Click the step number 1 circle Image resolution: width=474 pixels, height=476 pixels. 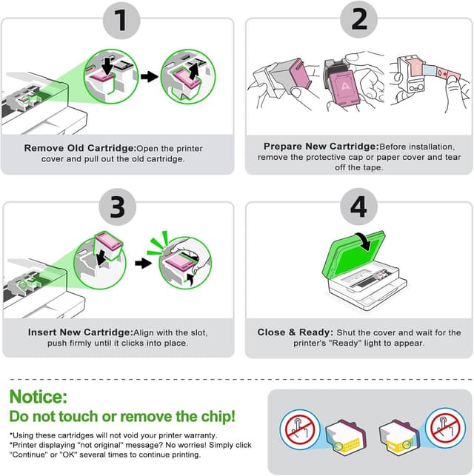point(118,21)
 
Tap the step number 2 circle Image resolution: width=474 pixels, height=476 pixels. point(358,21)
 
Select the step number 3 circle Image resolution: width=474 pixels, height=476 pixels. point(118,207)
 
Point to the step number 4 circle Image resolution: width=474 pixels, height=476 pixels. point(358,207)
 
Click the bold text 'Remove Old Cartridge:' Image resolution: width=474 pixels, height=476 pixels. point(80,148)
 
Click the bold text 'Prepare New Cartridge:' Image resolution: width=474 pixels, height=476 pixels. point(318,146)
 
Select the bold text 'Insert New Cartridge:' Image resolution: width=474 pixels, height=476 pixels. point(79,332)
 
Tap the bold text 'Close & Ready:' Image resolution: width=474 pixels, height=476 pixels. point(292,332)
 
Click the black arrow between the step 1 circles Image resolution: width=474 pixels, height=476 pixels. point(149,76)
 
